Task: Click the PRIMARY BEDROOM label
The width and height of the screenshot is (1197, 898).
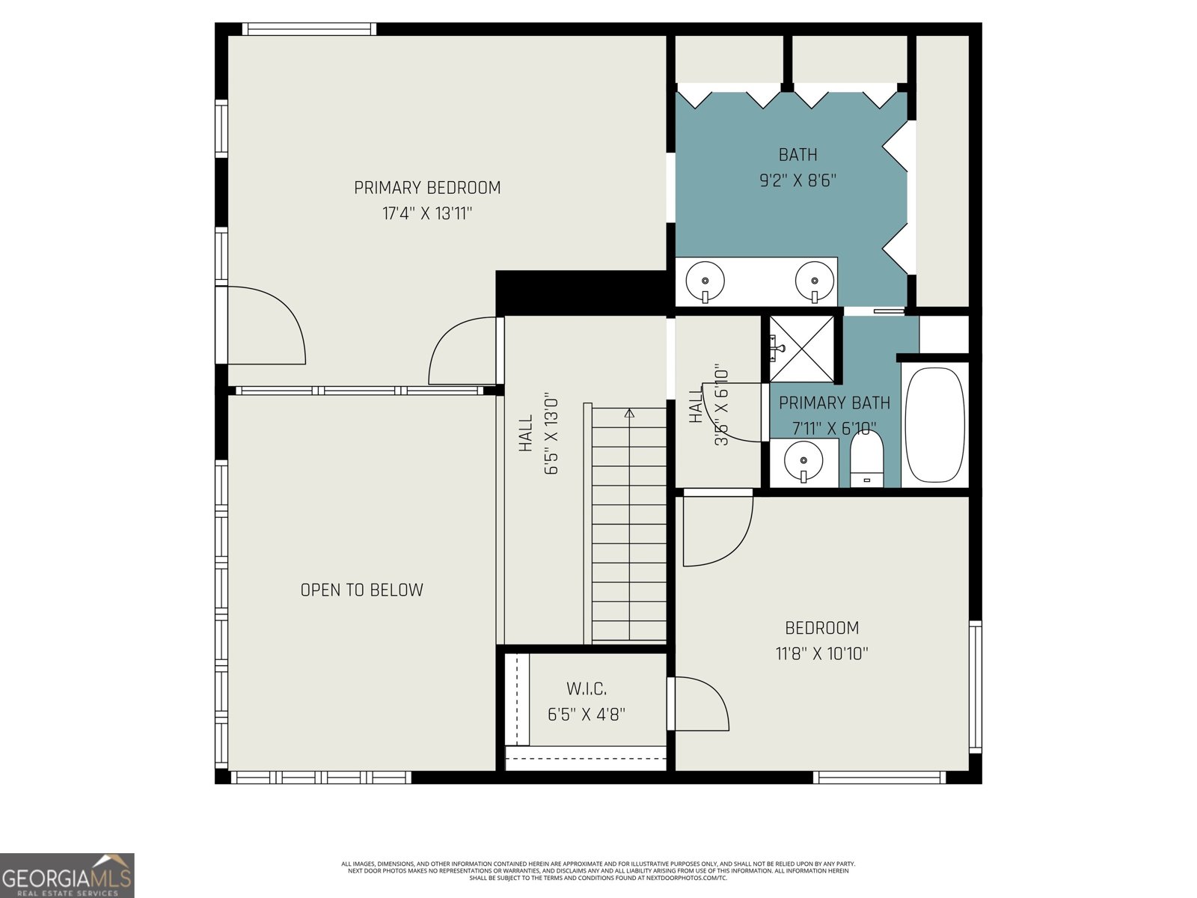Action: pos(427,188)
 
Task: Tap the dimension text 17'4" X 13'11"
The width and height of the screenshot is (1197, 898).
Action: pos(427,214)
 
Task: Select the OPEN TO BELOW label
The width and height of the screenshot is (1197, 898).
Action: pos(361,590)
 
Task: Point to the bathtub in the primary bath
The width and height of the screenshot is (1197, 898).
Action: pos(934,424)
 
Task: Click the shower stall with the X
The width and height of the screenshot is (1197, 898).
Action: pos(801,349)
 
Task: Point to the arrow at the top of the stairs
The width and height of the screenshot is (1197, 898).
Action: pos(629,412)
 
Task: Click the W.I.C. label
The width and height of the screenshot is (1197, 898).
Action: pos(587,688)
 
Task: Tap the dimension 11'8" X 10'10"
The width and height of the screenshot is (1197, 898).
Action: pos(821,654)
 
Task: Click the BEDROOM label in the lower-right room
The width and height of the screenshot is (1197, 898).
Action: pos(821,628)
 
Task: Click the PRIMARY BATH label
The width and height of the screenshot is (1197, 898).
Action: pos(834,403)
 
